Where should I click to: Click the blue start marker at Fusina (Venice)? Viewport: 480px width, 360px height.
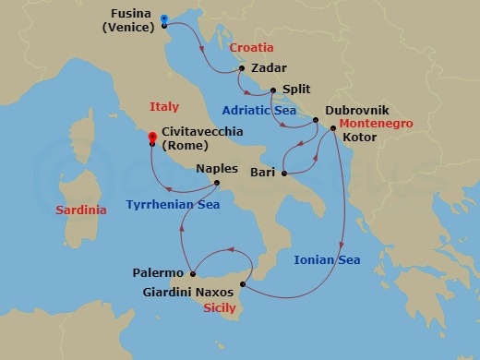pos(163,18)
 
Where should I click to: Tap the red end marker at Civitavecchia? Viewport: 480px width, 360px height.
pos(152,138)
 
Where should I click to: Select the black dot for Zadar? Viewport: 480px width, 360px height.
pos(241,68)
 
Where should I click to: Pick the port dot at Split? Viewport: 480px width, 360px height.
pos(274,90)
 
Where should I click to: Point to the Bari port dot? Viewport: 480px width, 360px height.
pos(284,172)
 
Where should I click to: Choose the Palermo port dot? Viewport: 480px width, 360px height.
pos(192,273)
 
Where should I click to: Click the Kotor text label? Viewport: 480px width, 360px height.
pos(360,138)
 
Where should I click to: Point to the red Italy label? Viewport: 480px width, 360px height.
pos(163,107)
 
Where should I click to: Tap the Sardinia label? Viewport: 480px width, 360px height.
pos(81,210)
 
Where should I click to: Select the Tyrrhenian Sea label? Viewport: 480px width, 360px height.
pos(173,205)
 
